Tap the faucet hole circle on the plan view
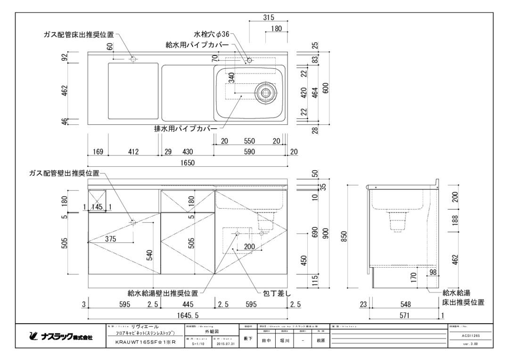click(x=249, y=60)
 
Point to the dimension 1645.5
click(x=188, y=315)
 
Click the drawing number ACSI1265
click(x=470, y=335)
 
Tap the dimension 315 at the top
click(x=269, y=18)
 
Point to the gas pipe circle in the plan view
click(x=133, y=59)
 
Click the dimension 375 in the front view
click(x=110, y=239)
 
